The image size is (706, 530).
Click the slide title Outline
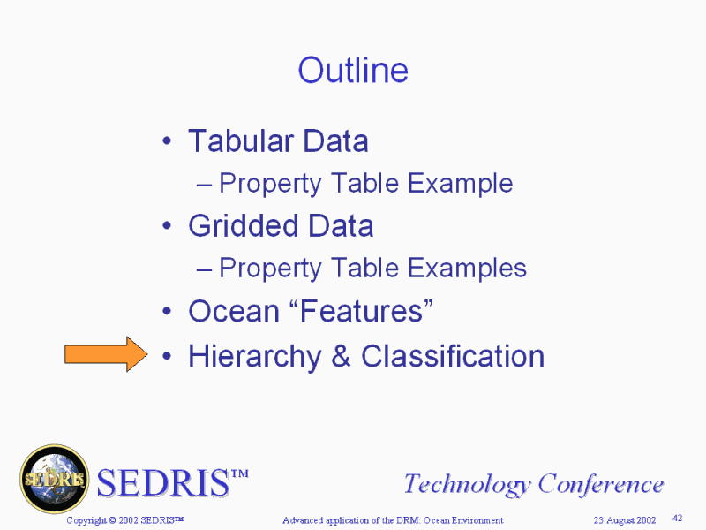353,70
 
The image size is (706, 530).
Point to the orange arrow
106,354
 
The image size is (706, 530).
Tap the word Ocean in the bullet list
234,312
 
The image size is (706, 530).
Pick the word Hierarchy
255,357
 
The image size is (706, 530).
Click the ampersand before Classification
341,356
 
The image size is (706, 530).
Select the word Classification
453,356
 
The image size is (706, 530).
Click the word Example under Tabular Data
460,184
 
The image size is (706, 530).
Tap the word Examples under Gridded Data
467,269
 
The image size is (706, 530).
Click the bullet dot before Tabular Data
167,141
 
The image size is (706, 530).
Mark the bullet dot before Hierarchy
167,357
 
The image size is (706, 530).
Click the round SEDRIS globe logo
55,479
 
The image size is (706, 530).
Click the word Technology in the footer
467,485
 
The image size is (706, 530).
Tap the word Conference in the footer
601,484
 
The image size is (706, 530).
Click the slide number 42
677,519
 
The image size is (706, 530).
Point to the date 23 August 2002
625,520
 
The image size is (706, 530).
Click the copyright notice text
125,520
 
